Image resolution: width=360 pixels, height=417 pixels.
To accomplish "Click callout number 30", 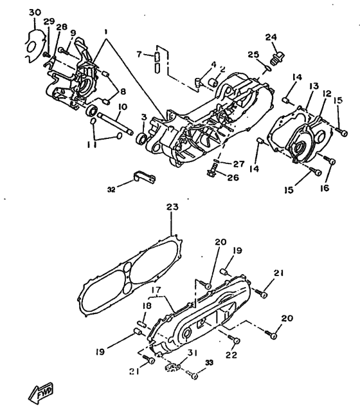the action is click(x=35, y=12).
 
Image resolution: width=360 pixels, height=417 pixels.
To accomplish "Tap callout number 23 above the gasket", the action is click(x=172, y=207).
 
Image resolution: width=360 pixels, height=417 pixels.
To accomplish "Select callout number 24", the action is click(x=271, y=37).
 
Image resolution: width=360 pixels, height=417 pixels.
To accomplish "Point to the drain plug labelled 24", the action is click(x=277, y=58).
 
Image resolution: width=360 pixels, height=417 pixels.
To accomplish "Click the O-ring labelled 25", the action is click(x=268, y=68).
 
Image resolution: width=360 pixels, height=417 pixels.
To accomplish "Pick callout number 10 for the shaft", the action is click(x=123, y=107).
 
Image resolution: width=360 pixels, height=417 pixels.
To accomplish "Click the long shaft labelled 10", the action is click(x=115, y=124).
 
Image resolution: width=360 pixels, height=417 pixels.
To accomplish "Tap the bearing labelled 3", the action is click(x=141, y=139).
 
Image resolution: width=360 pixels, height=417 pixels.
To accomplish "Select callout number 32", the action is click(x=111, y=190).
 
